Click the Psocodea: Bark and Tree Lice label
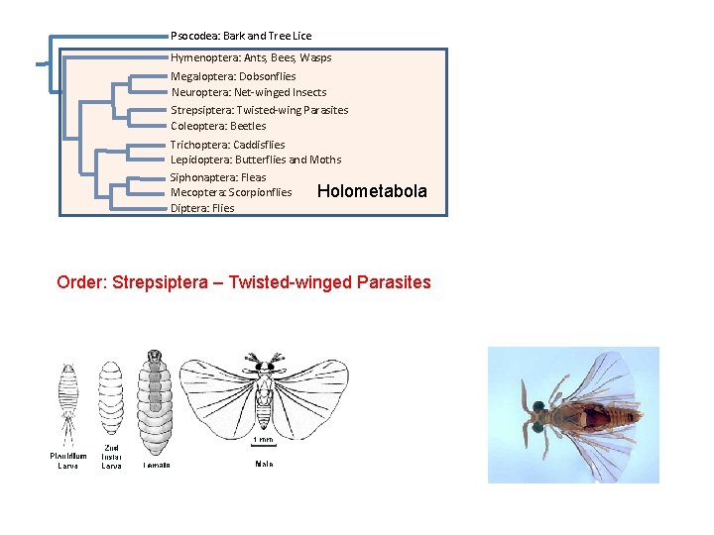click(241, 36)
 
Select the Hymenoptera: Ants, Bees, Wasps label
click(251, 57)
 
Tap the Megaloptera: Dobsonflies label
click(233, 76)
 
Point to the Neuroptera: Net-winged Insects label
click(249, 92)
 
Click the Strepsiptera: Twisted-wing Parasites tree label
click(260, 110)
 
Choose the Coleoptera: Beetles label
click(218, 126)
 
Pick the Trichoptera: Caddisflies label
click(228, 145)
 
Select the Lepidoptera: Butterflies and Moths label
click(256, 160)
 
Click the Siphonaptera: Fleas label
click(218, 177)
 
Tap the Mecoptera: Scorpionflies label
click(231, 192)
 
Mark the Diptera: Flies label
click(202, 208)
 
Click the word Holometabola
click(372, 191)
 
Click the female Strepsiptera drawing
click(155, 401)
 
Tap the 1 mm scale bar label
click(264, 439)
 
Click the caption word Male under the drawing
click(264, 464)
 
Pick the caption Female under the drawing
click(156, 464)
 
